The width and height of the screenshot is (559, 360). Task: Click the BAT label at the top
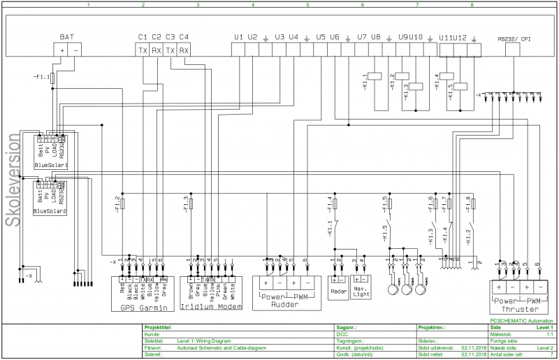pyautogui.click(x=67, y=36)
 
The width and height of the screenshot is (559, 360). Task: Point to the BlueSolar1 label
pyautogui.click(x=50, y=166)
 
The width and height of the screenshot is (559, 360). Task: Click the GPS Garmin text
pyautogui.click(x=142, y=307)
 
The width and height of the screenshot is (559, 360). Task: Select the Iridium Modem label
pyautogui.click(x=210, y=307)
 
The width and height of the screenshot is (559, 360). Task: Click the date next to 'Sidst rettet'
pyautogui.click(x=474, y=354)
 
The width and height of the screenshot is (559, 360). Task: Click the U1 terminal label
pyautogui.click(x=238, y=36)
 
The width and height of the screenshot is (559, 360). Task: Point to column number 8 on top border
pyautogui.click(x=472, y=5)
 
